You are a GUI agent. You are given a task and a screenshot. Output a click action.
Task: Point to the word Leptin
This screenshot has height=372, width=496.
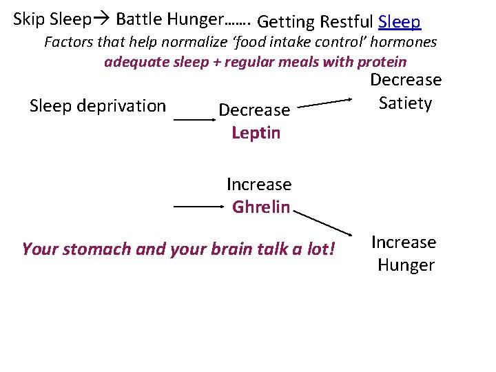[x=256, y=132]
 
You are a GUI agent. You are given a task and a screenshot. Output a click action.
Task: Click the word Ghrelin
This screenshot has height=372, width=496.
[x=261, y=207]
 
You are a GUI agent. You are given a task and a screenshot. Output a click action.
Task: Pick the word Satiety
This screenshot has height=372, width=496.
[x=406, y=103]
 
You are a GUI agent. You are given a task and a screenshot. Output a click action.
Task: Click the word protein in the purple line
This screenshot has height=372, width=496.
[x=382, y=62]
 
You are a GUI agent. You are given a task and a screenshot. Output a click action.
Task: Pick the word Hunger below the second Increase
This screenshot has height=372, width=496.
[x=406, y=265]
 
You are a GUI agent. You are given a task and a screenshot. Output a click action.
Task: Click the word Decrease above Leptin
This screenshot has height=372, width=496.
[x=254, y=110]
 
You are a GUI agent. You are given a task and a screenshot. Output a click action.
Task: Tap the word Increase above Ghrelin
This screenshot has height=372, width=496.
[x=259, y=185]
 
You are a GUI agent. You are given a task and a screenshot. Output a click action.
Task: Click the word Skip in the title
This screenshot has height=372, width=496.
[x=29, y=18]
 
